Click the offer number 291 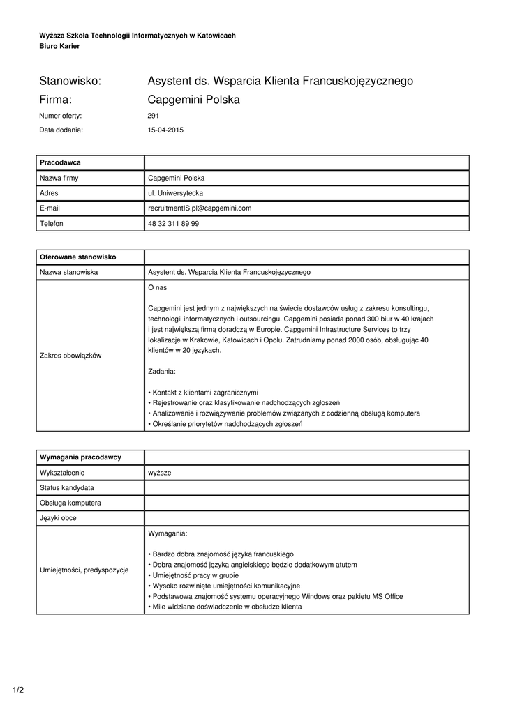154,116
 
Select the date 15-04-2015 165,130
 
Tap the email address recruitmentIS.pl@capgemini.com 200,208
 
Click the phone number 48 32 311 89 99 174,224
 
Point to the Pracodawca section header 61,162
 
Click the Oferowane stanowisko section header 78,257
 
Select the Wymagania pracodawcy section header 81,457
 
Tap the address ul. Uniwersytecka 175,193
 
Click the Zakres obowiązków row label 70,356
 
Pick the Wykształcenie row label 63,473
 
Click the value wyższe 159,473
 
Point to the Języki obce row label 59,518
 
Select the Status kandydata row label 67,487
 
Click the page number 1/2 18,690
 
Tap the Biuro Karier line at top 59,46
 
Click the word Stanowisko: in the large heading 70,81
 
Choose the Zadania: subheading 162,371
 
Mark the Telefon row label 52,224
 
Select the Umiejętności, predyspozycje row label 84,570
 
